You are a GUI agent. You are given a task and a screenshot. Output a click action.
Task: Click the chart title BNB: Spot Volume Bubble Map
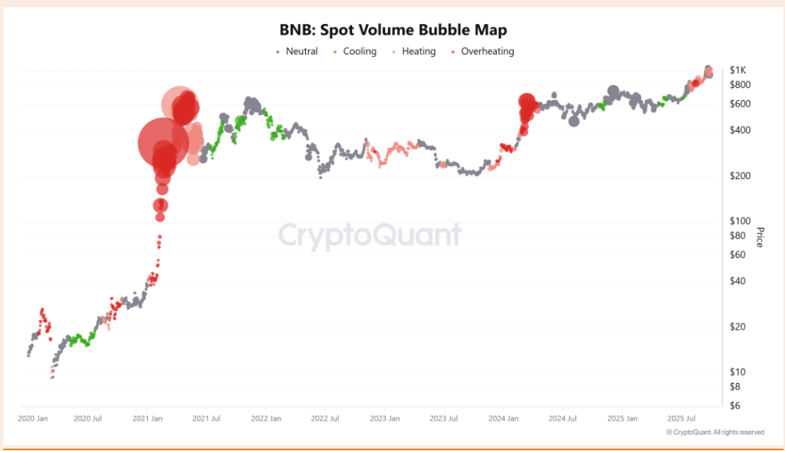point(392,30)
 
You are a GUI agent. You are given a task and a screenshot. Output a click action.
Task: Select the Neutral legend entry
point(301,52)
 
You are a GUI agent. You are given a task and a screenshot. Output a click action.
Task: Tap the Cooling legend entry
point(359,52)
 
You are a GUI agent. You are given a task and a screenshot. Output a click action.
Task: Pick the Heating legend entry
point(419,52)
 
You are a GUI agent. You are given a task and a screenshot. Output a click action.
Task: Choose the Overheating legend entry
point(487,52)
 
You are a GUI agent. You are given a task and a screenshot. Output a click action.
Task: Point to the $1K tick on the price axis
point(739,70)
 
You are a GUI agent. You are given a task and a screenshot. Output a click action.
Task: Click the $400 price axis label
point(740,130)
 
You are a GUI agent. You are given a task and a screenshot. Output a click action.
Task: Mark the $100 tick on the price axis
point(740,221)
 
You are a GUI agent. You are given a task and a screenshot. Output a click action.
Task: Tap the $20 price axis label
point(739,326)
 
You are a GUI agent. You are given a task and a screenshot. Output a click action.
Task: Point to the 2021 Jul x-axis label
point(206,418)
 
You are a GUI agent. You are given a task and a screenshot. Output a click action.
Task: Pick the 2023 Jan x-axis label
point(384,418)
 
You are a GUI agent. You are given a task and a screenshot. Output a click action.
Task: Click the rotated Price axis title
point(759,237)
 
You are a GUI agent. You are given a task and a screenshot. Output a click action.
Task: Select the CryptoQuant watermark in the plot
point(370,236)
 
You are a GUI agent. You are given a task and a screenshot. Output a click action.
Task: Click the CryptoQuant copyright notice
point(715,433)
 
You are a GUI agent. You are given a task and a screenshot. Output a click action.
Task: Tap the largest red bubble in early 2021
point(164,143)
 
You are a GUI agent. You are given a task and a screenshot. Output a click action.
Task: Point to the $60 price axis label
point(739,255)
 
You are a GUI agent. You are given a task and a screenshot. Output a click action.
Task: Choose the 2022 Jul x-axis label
point(325,418)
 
